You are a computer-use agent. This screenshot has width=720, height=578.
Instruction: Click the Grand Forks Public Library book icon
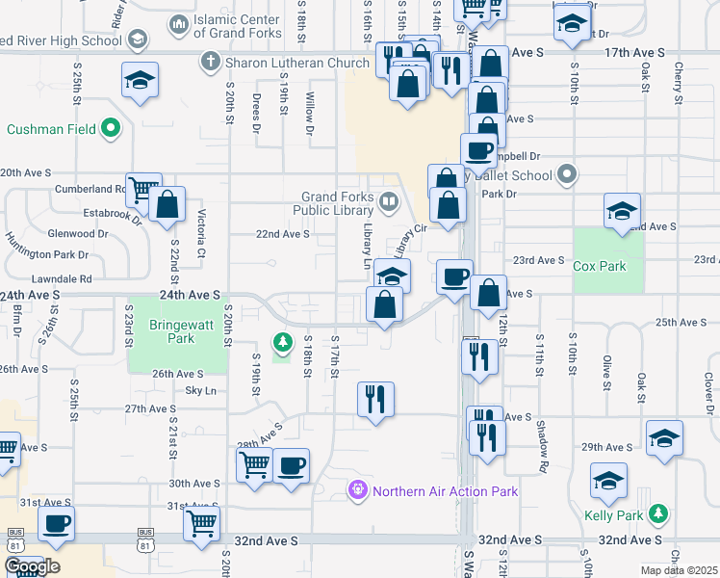389,202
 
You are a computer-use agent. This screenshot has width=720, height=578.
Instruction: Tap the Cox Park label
599,266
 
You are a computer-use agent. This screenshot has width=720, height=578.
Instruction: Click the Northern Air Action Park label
446,491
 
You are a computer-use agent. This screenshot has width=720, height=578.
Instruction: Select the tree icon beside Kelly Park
658,515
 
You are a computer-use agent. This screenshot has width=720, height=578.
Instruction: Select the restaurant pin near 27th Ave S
375,398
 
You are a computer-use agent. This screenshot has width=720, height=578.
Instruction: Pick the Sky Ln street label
200,391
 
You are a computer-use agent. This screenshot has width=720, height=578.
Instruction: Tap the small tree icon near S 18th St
282,342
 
